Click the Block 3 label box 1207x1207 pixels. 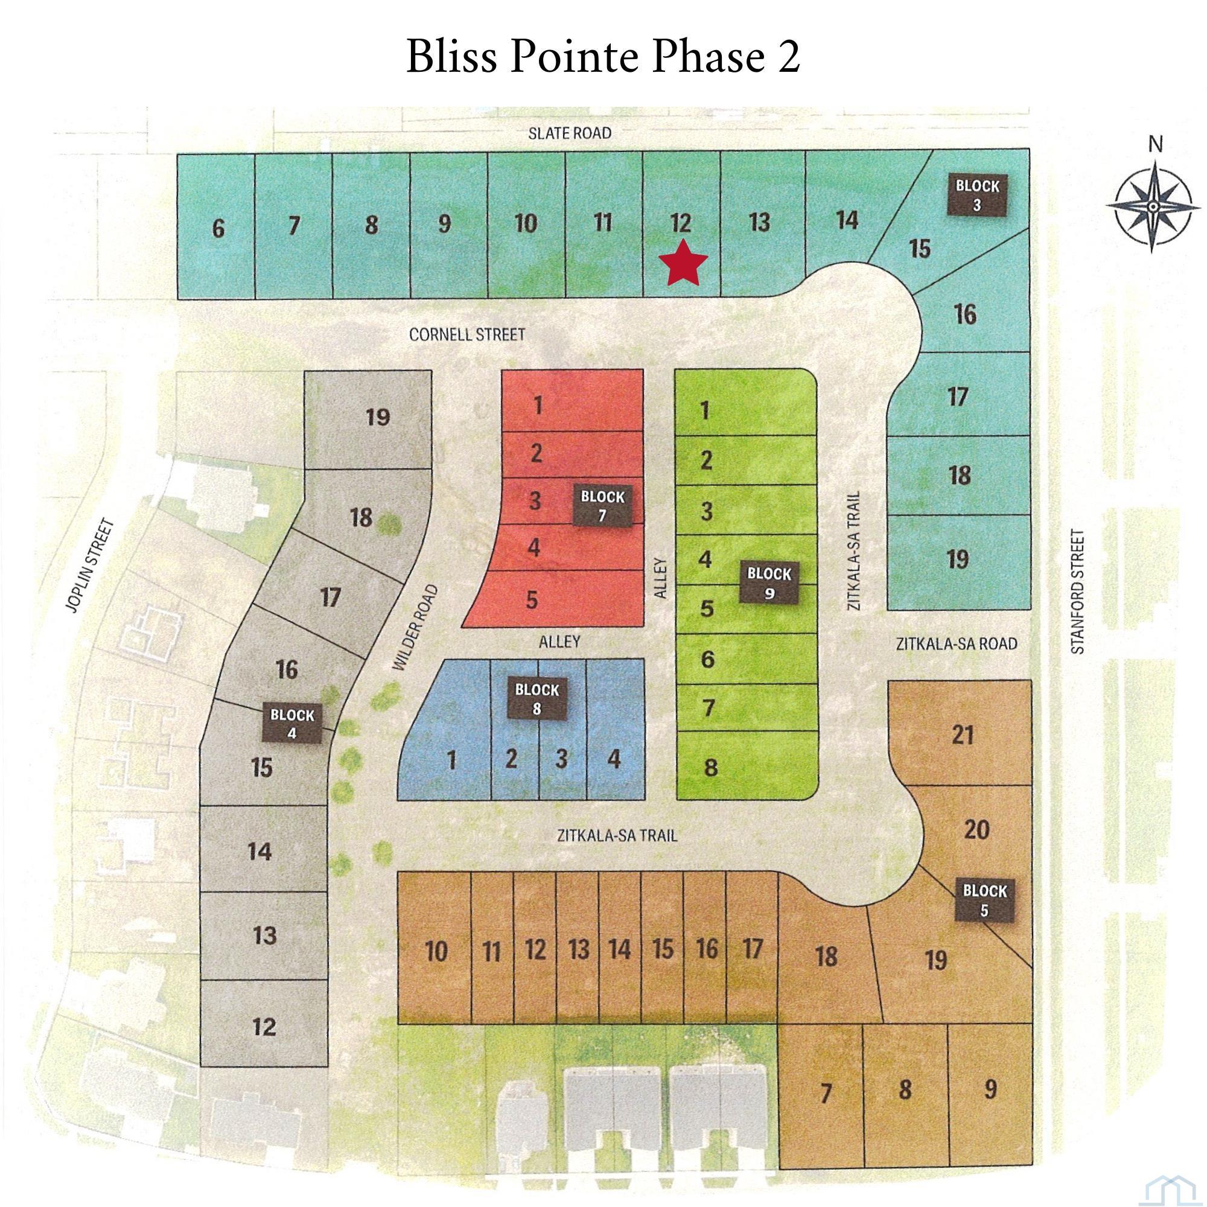click(978, 194)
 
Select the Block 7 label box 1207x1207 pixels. click(602, 506)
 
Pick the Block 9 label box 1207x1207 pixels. click(769, 583)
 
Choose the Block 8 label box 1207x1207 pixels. click(537, 698)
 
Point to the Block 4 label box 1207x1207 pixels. click(291, 724)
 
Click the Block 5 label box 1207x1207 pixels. click(984, 900)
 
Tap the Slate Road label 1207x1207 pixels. click(570, 133)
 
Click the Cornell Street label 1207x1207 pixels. click(467, 335)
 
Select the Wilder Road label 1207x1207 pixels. click(414, 628)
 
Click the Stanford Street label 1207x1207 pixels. click(1078, 591)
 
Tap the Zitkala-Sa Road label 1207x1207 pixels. click(957, 643)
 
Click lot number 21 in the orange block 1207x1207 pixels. click(963, 734)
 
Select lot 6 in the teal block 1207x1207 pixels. click(217, 229)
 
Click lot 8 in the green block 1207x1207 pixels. click(710, 767)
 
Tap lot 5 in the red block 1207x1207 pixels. click(532, 600)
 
